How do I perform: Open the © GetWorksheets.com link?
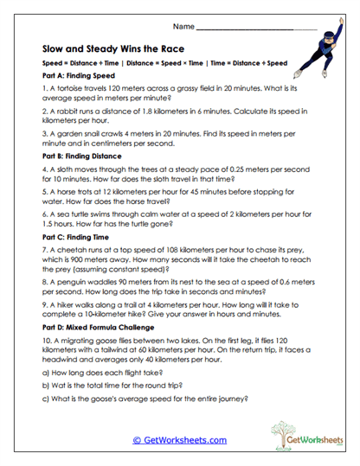[x=180, y=440]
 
